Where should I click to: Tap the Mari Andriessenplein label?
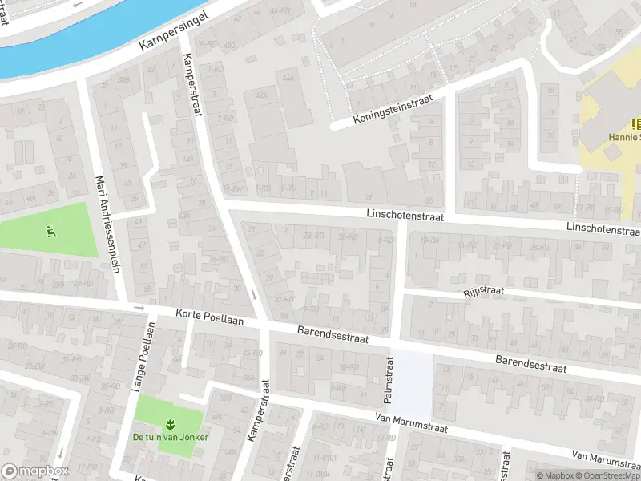(x=107, y=224)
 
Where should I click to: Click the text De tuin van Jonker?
(x=169, y=438)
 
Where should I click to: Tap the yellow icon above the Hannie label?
(x=637, y=123)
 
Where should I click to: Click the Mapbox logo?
(x=35, y=471)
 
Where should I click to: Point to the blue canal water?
(x=64, y=40)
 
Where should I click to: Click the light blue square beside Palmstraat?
(x=411, y=380)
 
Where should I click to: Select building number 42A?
(x=260, y=95)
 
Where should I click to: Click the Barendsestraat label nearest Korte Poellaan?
(x=333, y=334)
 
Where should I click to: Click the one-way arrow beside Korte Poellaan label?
(x=139, y=309)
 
